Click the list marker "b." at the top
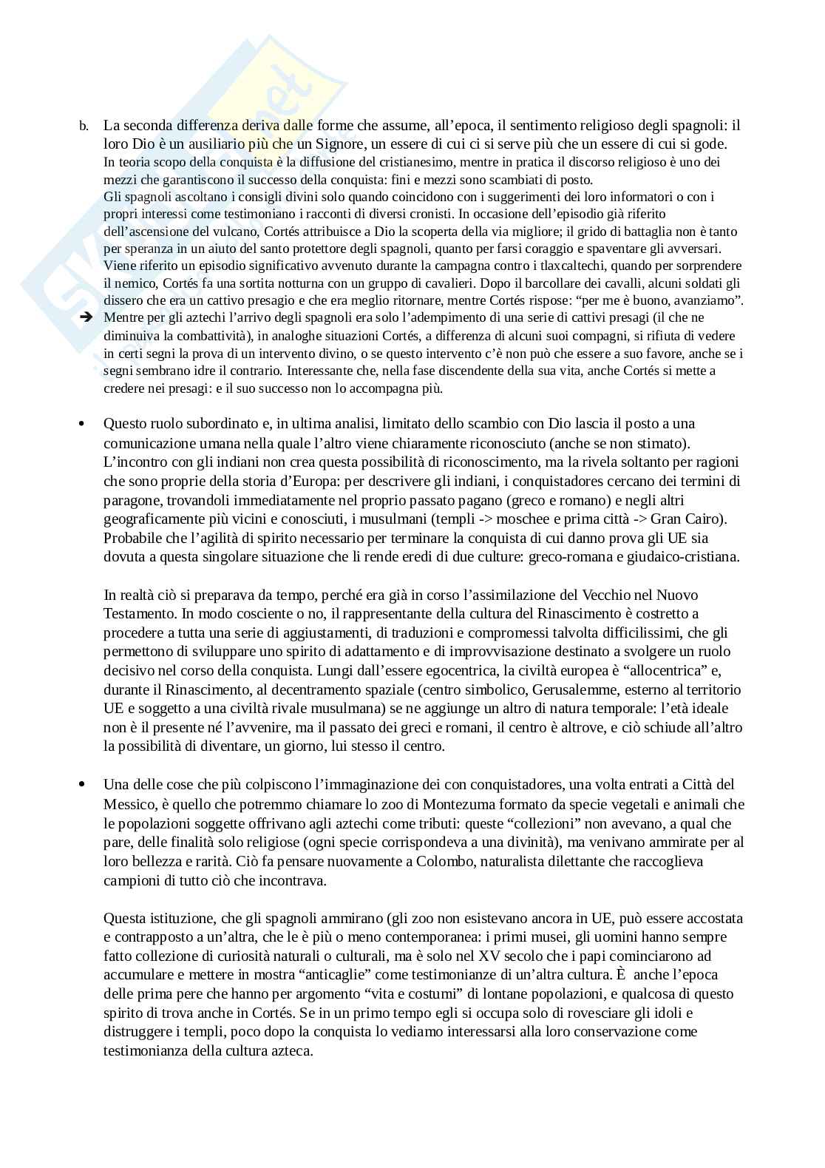coord(84,126)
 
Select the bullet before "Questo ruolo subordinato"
coord(84,424)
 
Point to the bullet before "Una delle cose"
coord(84,784)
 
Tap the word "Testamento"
coord(137,613)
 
